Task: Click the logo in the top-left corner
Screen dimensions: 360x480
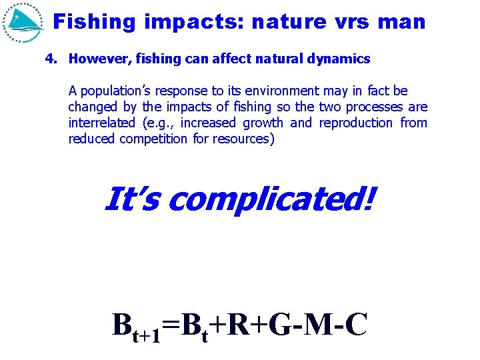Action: (x=24, y=22)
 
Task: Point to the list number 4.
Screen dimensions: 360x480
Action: (x=51, y=59)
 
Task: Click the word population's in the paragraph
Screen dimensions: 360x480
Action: (x=113, y=91)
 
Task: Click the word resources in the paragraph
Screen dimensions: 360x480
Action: (x=248, y=139)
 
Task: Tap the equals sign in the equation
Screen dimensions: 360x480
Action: (x=171, y=326)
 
